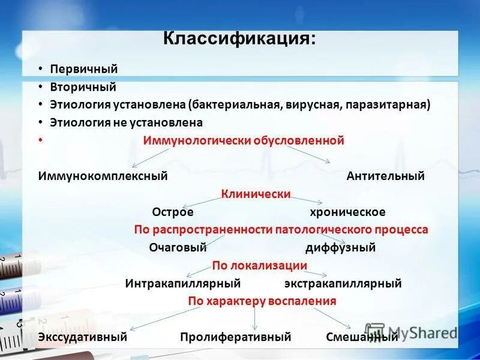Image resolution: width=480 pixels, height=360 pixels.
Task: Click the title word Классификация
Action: [x=238, y=40]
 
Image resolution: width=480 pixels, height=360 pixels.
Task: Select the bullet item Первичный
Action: [x=83, y=70]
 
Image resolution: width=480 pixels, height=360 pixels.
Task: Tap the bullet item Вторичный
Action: [x=83, y=88]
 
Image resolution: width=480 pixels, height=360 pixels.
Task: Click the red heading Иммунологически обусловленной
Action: [x=243, y=140]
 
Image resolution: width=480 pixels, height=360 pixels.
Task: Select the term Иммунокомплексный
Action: [x=103, y=176]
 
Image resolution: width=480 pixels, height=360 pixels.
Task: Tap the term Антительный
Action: [x=385, y=176]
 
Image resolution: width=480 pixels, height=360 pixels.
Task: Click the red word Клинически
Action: [x=256, y=194]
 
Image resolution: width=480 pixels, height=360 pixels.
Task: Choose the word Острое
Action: [x=173, y=212]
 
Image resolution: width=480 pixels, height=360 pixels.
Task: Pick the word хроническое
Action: [x=347, y=212]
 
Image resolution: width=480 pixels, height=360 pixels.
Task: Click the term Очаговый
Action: [x=178, y=247]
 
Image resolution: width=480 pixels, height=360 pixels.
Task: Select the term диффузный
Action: [x=340, y=247]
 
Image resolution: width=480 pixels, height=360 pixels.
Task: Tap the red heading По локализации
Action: [x=259, y=265]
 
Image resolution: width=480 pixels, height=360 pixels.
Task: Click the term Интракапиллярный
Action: [x=183, y=283]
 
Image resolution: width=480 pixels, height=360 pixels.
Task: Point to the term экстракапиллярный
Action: [x=343, y=283]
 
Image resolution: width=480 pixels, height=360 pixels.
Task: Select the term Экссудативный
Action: [x=82, y=337]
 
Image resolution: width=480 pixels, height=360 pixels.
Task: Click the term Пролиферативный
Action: [x=235, y=337]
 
